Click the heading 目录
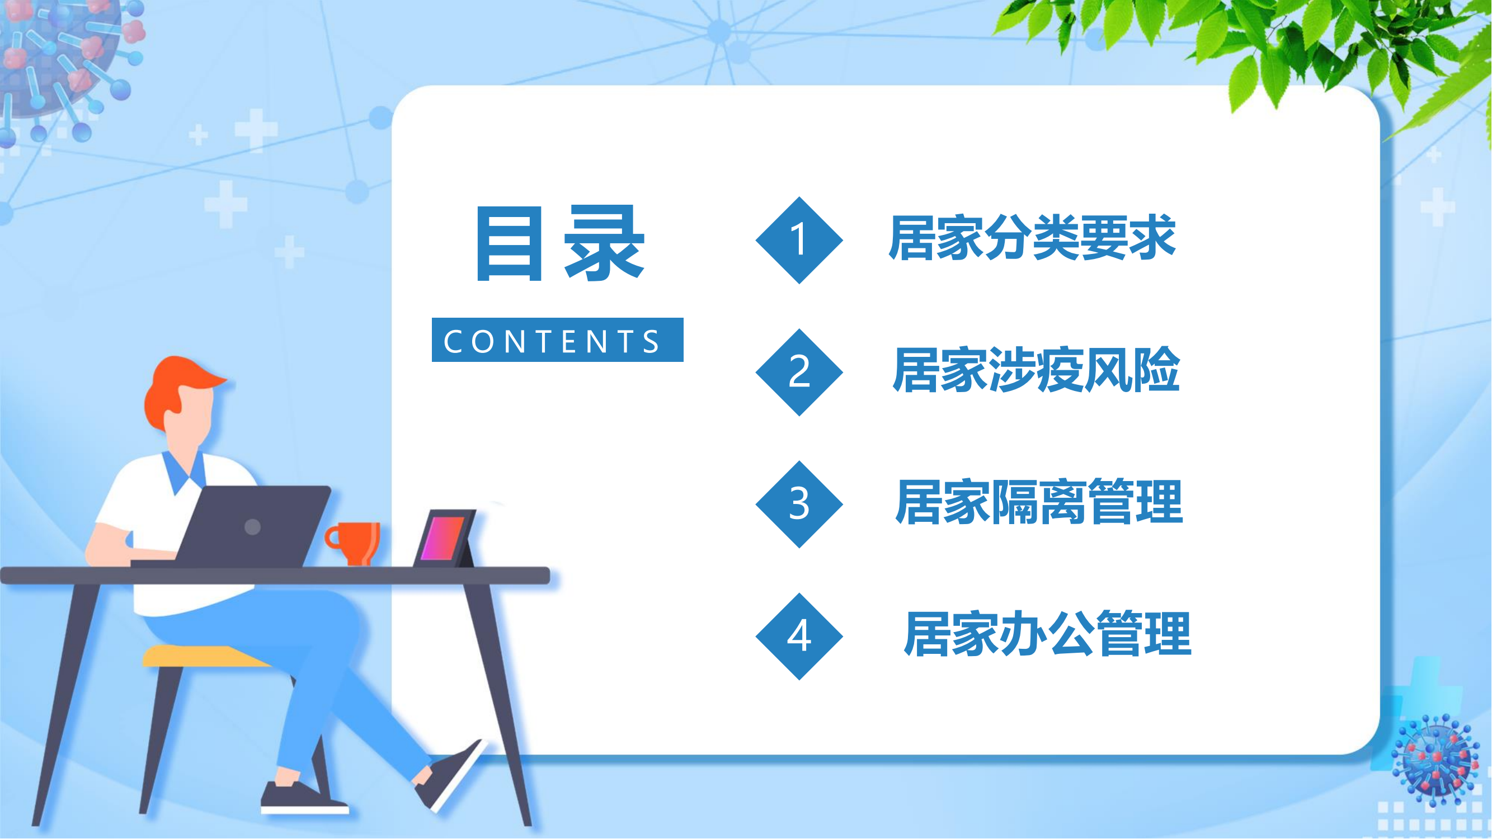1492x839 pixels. (x=560, y=243)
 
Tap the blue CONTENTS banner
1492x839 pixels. (x=558, y=340)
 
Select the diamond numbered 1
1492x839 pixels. (x=799, y=240)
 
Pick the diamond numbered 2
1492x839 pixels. (x=799, y=372)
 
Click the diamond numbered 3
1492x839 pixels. (x=799, y=504)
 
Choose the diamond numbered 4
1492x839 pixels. (x=799, y=636)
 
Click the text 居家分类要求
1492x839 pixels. (x=1032, y=237)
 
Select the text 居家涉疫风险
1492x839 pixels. (x=1036, y=369)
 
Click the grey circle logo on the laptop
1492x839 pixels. (x=252, y=526)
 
